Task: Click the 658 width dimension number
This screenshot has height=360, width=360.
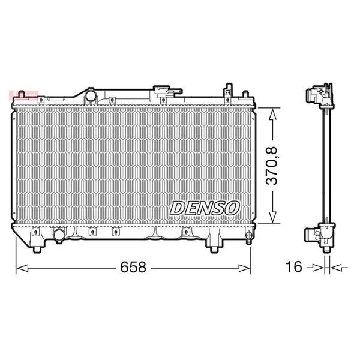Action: [x=133, y=267]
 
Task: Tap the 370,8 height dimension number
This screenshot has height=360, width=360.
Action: [x=272, y=166]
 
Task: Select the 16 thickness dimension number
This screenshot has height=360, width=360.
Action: [x=293, y=267]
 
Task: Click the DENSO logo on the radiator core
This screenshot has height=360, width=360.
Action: [x=205, y=208]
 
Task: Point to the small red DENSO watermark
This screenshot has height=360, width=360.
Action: [x=23, y=94]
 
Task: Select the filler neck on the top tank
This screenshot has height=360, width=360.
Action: [x=167, y=91]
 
